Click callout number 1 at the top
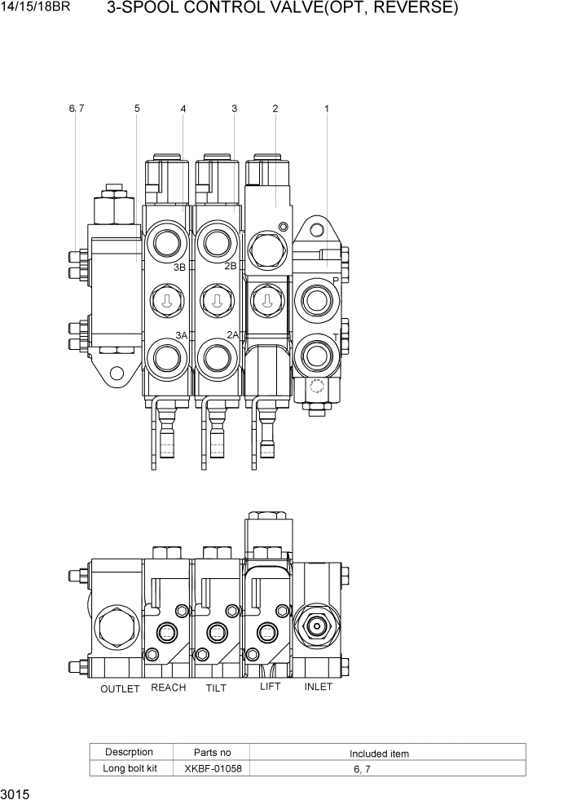327,108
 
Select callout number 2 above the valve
275,108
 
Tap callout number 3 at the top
234,108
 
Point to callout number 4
183,108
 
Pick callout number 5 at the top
137,108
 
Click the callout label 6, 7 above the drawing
77,108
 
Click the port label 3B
181,267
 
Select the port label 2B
231,266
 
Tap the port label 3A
181,334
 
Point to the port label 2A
232,334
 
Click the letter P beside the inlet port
335,280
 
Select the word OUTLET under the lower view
120,689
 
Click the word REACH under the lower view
169,687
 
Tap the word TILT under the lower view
216,688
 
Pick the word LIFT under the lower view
270,687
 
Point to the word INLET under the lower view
318,687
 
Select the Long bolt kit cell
129,768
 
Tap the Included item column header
379,754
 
